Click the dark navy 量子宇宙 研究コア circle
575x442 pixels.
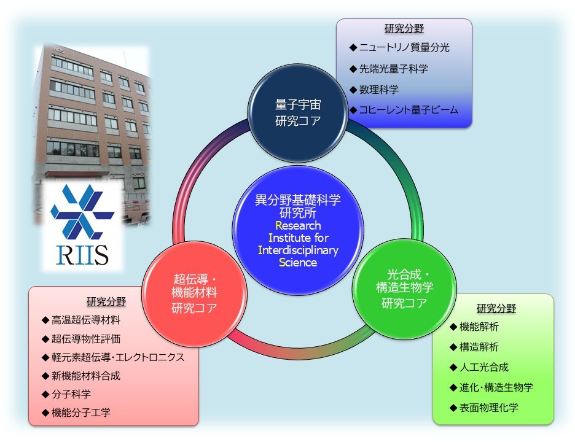tap(298, 113)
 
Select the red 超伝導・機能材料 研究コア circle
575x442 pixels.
tap(194, 293)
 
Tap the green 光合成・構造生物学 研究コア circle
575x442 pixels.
tap(404, 289)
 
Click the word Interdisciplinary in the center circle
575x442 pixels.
tap(298, 250)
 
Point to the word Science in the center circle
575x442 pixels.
tap(298, 262)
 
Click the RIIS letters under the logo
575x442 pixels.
tap(82, 255)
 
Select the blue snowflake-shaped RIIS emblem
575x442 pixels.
tap(82, 211)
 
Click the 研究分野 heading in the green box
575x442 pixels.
tap(496, 309)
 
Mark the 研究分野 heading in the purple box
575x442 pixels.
tap(404, 29)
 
